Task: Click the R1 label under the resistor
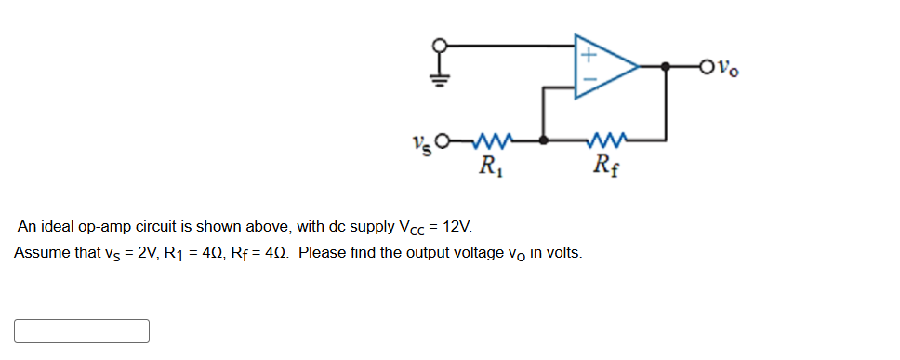(x=486, y=167)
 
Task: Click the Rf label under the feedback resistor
(x=605, y=167)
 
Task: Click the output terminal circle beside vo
(x=711, y=66)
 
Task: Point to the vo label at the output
(x=732, y=68)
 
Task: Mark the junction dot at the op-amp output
(x=666, y=66)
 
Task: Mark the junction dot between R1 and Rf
(x=545, y=141)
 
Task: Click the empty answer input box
(x=82, y=331)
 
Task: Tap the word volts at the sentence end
(x=562, y=253)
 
